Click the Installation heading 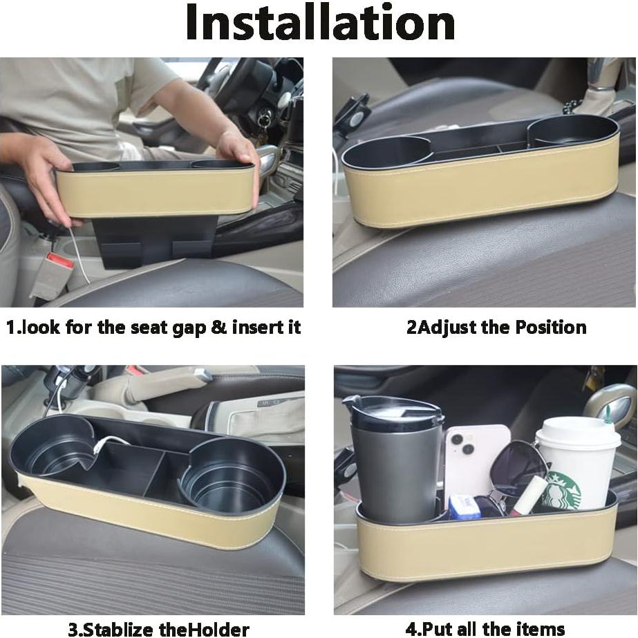(x=319, y=24)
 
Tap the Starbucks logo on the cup (x=561, y=489)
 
